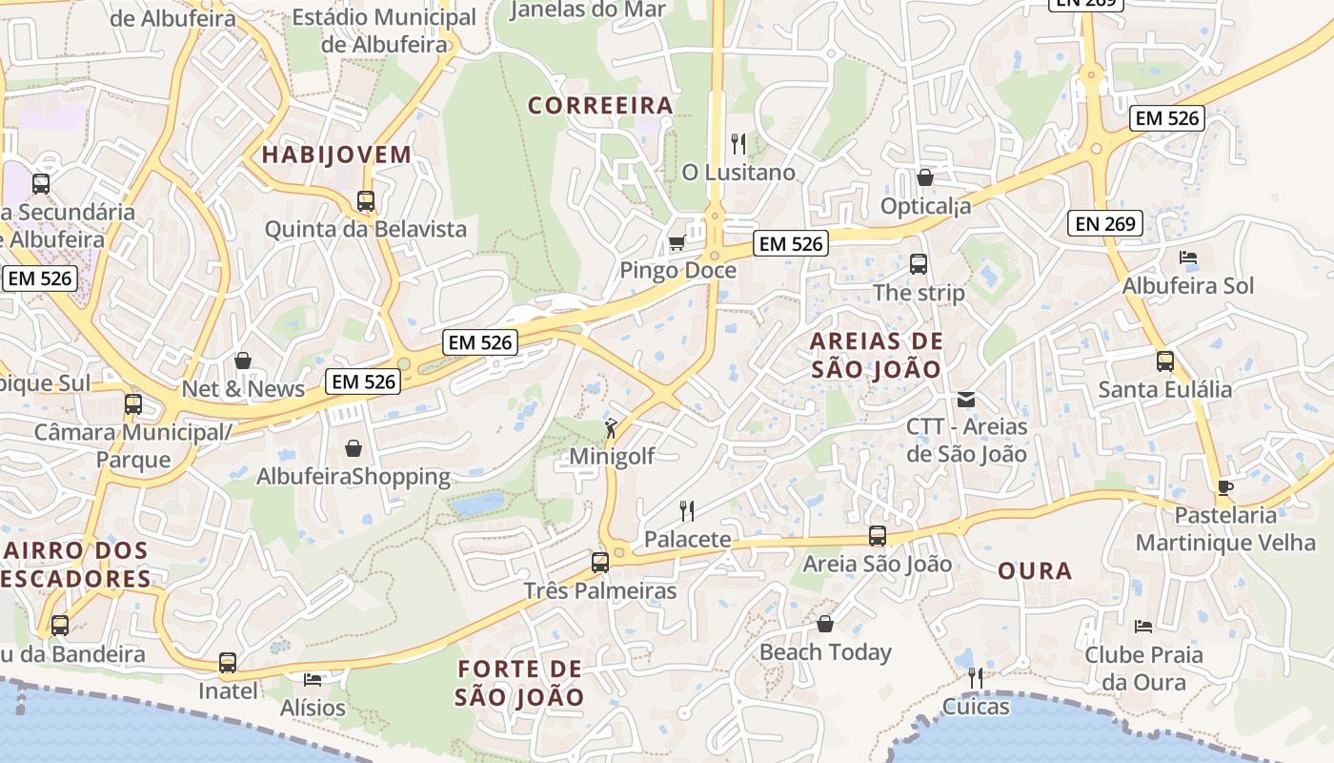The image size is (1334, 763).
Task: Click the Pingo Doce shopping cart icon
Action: [677, 242]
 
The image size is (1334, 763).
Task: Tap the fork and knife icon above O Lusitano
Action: [738, 144]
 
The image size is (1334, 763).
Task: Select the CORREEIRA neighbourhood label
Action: [600, 106]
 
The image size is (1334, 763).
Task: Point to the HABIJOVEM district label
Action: [336, 155]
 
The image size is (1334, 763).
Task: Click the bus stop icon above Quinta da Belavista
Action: [366, 201]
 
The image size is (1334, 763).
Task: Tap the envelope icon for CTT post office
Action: [966, 399]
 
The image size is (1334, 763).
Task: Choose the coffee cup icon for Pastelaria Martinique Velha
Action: [1224, 487]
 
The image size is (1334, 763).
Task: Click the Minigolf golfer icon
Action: [611, 428]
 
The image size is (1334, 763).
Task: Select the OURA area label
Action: [1035, 571]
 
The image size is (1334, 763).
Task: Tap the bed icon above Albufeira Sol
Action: [1188, 258]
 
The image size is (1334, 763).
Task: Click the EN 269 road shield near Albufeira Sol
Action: [1104, 224]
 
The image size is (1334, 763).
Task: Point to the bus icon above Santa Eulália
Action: [1164, 361]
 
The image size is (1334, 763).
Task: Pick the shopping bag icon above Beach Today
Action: [825, 624]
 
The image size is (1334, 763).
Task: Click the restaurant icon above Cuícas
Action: [975, 678]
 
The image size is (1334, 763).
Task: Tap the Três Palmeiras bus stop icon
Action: [599, 563]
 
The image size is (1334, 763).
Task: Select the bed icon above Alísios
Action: [313, 680]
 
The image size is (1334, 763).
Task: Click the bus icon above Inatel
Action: [227, 662]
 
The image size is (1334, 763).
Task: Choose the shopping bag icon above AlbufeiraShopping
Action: [354, 448]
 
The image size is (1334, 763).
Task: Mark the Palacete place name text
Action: [688, 540]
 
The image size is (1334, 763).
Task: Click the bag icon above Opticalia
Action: [924, 177]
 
